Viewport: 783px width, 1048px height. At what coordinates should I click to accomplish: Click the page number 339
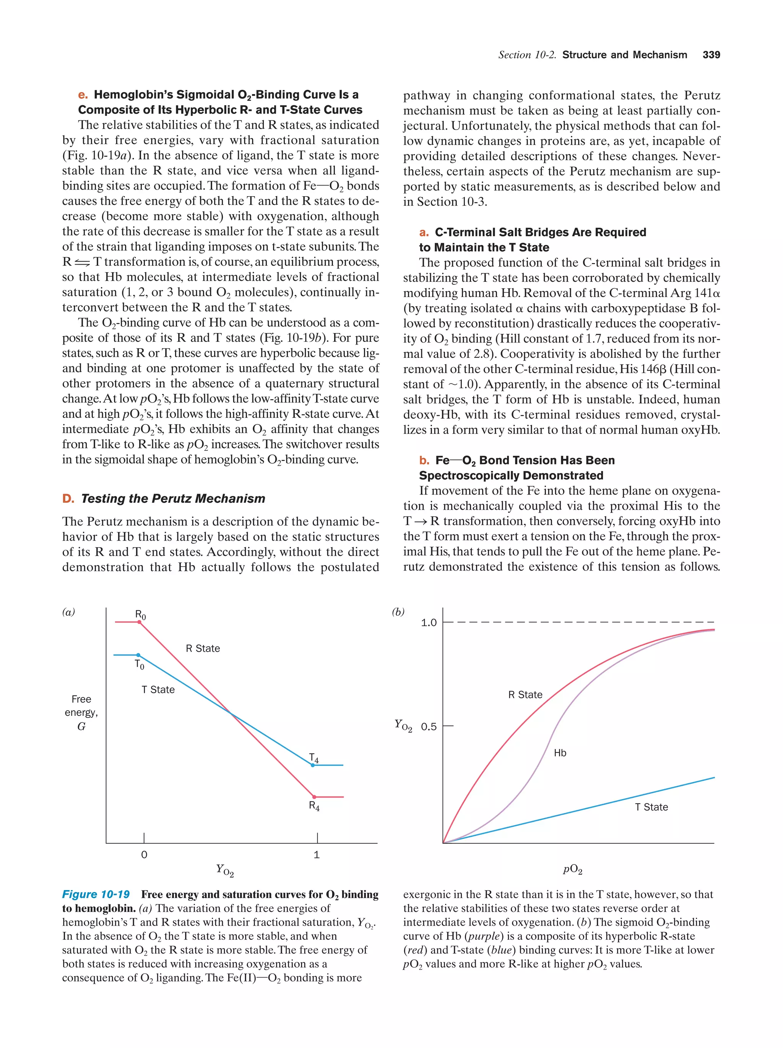[711, 55]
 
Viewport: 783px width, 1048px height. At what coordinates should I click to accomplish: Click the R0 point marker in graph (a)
[139, 622]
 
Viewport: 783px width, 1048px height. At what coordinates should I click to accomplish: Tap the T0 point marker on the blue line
[138, 655]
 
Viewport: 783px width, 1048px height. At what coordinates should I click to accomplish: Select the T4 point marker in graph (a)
[313, 765]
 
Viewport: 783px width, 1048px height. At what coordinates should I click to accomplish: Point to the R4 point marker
[314, 797]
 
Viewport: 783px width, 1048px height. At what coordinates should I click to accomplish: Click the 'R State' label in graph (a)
[203, 648]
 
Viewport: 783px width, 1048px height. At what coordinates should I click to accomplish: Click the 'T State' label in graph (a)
[158, 689]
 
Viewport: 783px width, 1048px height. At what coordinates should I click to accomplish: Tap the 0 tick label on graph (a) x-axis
[144, 855]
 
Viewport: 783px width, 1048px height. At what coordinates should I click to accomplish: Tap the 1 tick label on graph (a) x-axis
[317, 855]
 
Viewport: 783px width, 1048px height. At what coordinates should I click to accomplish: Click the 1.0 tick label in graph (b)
[429, 622]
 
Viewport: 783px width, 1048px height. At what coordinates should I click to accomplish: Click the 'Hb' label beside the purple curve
[560, 753]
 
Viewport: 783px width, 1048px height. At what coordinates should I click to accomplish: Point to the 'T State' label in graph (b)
[651, 807]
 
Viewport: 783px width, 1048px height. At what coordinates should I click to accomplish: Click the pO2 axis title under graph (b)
[572, 869]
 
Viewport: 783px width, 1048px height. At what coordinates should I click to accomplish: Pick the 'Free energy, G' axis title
[81, 712]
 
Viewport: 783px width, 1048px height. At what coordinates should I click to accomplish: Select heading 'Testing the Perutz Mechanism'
[173, 499]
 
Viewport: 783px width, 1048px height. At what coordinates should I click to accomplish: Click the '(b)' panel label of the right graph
[398, 612]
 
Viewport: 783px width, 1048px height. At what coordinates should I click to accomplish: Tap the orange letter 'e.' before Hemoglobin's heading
[83, 95]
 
